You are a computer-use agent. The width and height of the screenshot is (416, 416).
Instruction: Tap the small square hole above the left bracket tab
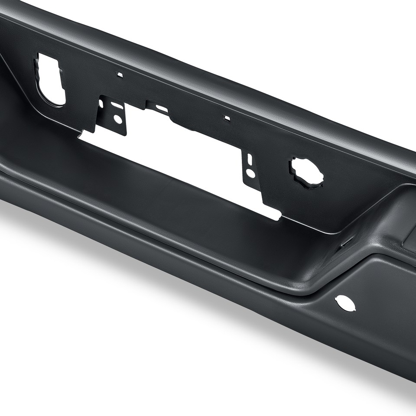120,75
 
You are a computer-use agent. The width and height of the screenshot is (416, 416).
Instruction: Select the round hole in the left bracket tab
117,119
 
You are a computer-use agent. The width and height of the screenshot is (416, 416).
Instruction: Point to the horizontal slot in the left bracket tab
117,105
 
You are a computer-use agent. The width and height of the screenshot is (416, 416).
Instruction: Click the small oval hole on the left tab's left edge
101,104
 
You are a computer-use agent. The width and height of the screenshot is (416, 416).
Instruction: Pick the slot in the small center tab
161,108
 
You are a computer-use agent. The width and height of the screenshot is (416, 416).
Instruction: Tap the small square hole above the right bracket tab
227,117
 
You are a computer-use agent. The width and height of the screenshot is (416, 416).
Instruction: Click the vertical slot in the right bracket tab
250,159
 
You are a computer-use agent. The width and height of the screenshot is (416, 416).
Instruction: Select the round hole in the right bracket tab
250,173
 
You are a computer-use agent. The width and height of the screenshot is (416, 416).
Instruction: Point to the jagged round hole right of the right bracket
307,172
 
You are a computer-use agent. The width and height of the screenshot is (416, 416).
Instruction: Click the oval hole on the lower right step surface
345,303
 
